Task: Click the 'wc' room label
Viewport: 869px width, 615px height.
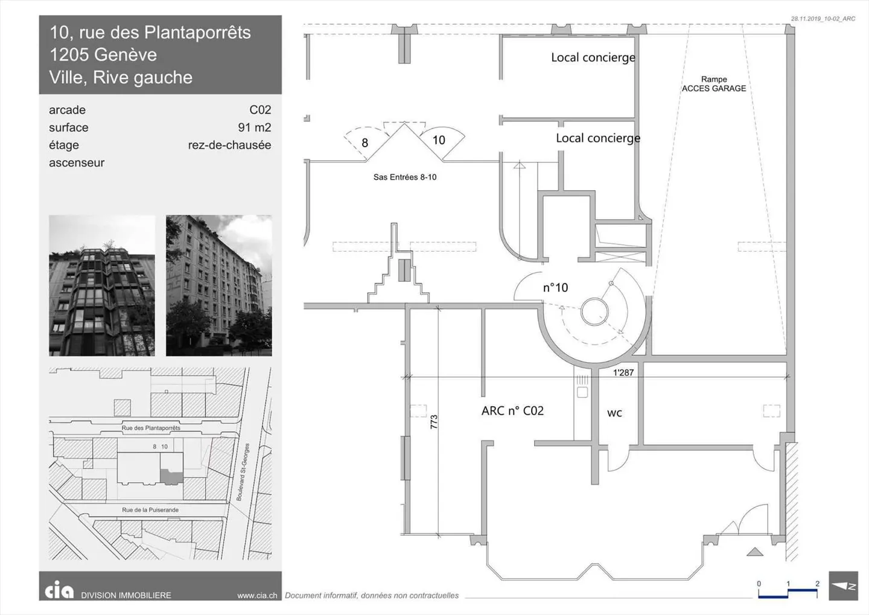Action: pyautogui.click(x=614, y=413)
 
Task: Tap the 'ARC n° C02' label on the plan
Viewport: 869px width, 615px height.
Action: pyautogui.click(x=512, y=410)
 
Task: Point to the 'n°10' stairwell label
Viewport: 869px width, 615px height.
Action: pyautogui.click(x=555, y=287)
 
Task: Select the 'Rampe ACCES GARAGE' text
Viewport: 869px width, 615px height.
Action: pyautogui.click(x=714, y=84)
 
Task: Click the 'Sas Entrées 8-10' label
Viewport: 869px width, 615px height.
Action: pyautogui.click(x=404, y=177)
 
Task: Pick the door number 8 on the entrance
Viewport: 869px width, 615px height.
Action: pyautogui.click(x=364, y=143)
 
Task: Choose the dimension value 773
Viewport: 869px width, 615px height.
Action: pyautogui.click(x=434, y=422)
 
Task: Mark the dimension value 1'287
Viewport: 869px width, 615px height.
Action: pyautogui.click(x=623, y=372)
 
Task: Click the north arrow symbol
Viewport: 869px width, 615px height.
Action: pyautogui.click(x=844, y=586)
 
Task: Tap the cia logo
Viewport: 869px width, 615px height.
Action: pyautogui.click(x=59, y=590)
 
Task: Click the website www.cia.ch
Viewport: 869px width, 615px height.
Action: pyautogui.click(x=257, y=595)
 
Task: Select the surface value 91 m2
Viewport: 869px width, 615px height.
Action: pyautogui.click(x=255, y=127)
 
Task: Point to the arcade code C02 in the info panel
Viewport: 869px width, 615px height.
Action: pyautogui.click(x=260, y=110)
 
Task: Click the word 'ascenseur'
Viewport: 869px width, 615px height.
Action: pyautogui.click(x=77, y=162)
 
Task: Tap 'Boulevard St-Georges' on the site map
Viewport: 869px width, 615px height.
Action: pyautogui.click(x=243, y=472)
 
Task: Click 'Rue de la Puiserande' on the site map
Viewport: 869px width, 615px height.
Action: pyautogui.click(x=150, y=510)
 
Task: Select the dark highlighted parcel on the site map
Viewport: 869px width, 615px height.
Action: pyautogui.click(x=171, y=476)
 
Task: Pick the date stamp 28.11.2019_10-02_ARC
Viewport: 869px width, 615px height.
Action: pyautogui.click(x=823, y=19)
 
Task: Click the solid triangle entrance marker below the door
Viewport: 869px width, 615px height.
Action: pyautogui.click(x=755, y=552)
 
